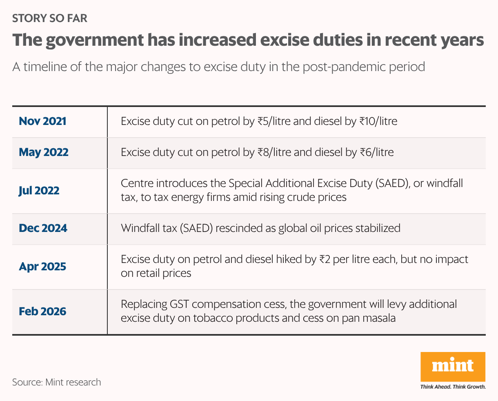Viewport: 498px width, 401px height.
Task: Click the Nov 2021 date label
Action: click(x=42, y=121)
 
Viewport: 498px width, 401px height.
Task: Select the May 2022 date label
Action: click(x=44, y=152)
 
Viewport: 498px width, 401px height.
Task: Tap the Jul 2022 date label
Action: click(x=39, y=191)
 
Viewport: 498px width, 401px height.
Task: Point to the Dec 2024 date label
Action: click(x=43, y=228)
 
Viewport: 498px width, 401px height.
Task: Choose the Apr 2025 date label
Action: click(x=42, y=267)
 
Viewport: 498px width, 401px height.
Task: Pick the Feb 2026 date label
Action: click(x=42, y=312)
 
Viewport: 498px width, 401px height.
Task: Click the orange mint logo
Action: click(x=453, y=366)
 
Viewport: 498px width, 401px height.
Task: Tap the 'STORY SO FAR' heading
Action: click(x=49, y=18)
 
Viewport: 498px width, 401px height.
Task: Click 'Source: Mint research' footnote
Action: click(x=56, y=382)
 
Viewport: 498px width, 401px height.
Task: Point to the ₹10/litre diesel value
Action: click(x=378, y=121)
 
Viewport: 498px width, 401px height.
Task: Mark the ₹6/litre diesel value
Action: click(x=376, y=152)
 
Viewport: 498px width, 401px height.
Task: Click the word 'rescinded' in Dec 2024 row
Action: click(x=239, y=228)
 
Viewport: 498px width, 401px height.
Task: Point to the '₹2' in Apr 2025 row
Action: click(x=324, y=259)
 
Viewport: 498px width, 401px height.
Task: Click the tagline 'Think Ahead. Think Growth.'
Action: click(x=453, y=387)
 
